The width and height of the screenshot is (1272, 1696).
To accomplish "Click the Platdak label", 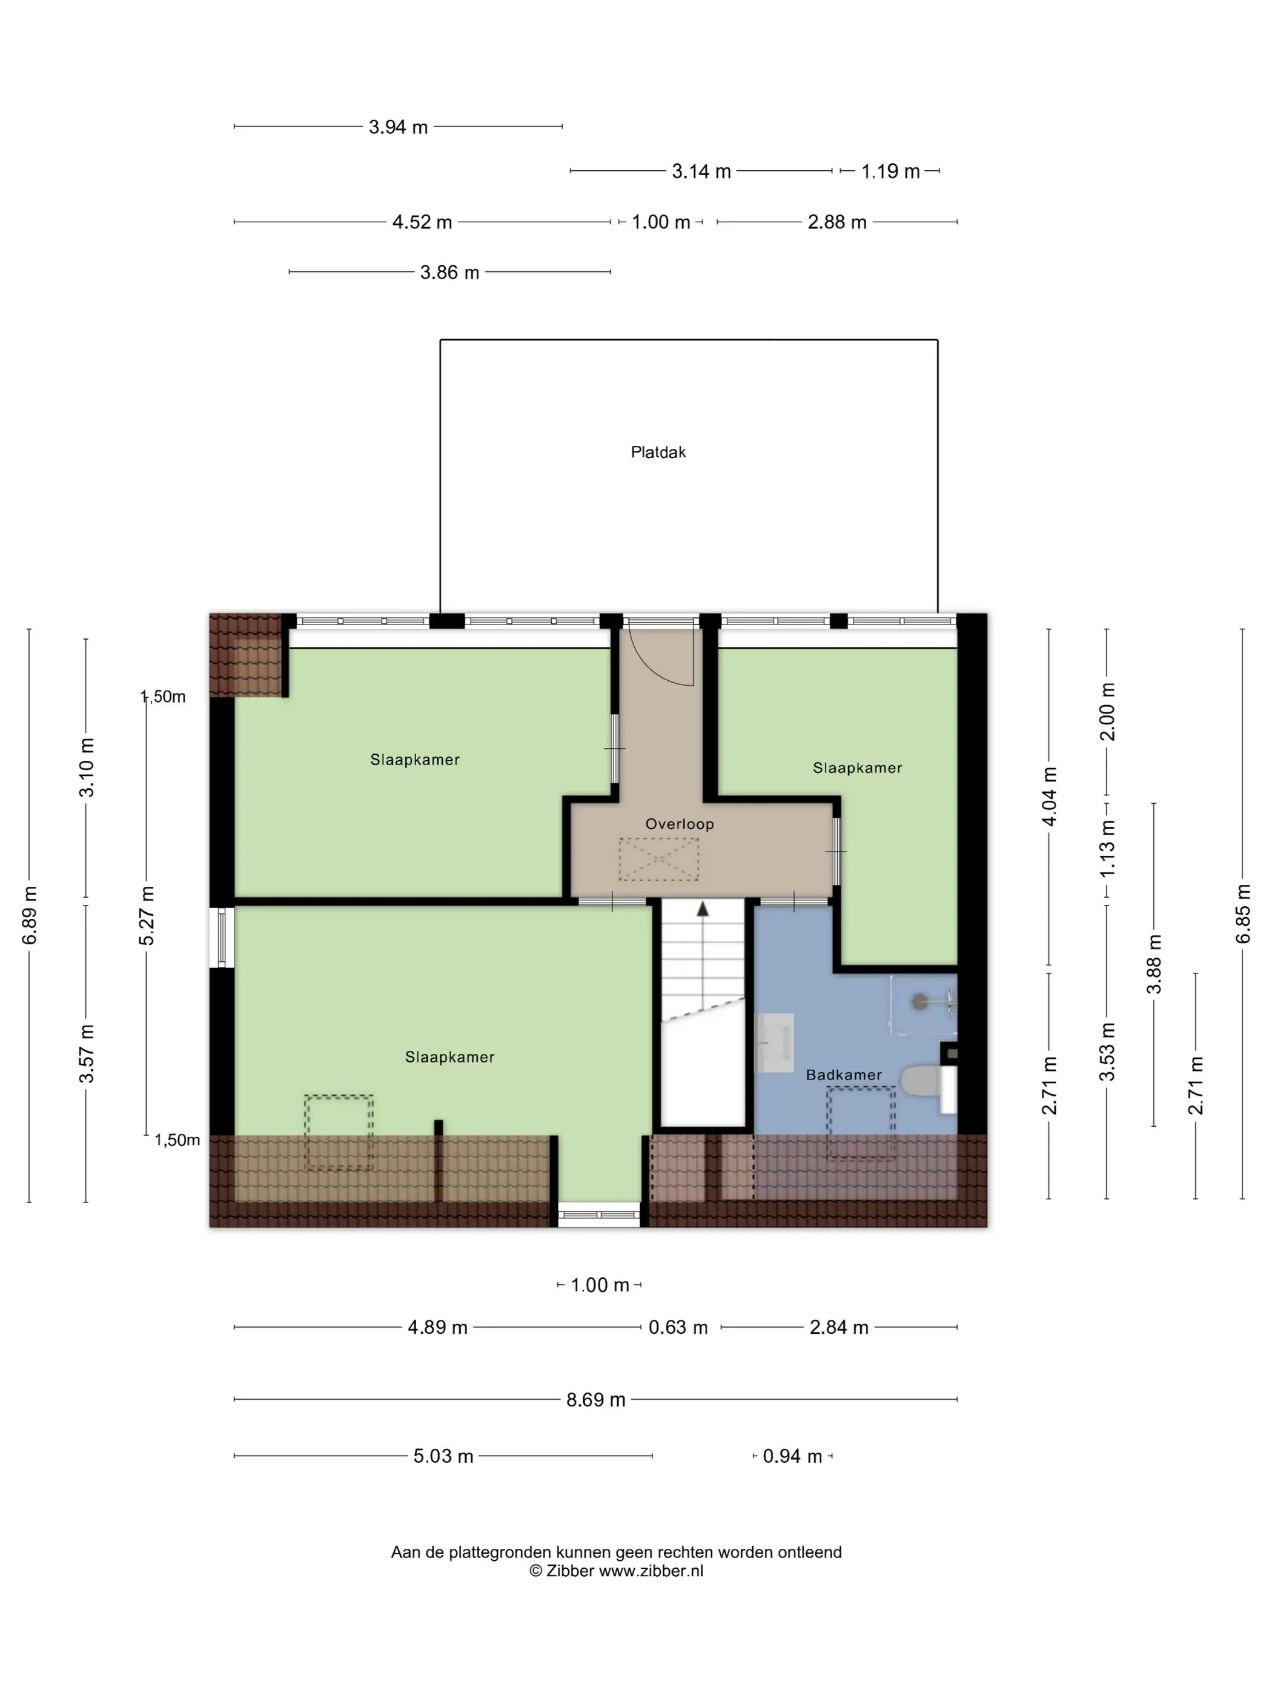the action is click(658, 452).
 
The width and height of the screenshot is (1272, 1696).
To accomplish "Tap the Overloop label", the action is click(680, 824).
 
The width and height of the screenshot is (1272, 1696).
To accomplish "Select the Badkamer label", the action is click(843, 1075).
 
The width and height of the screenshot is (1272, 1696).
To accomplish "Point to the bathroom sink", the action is click(774, 1043).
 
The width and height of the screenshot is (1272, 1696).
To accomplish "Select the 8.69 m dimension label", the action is click(596, 1399).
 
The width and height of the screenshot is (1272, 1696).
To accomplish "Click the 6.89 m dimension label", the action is click(29, 915).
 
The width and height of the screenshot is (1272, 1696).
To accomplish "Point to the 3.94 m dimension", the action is click(398, 127).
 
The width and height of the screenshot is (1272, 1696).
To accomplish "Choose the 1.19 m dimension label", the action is click(890, 171).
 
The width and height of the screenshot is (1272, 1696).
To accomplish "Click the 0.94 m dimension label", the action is click(792, 1456).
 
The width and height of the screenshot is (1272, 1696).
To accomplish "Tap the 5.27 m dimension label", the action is click(147, 915).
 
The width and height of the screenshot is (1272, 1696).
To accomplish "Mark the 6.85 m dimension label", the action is click(1243, 914).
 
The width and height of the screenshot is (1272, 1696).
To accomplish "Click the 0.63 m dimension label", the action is click(678, 1327).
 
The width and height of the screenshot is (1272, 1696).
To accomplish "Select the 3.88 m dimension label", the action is click(1154, 964).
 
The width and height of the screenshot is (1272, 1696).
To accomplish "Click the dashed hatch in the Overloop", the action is click(658, 859).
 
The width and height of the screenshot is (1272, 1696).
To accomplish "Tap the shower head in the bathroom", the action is click(920, 1001).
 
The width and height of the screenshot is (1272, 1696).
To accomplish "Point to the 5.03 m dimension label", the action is click(443, 1456).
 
